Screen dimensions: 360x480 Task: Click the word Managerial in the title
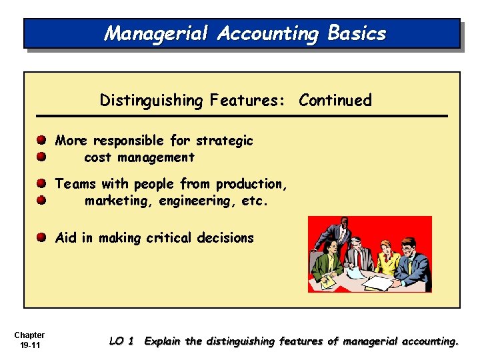coord(155,33)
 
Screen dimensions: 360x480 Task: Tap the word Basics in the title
coord(357,33)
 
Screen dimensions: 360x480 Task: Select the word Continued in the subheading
coord(335,101)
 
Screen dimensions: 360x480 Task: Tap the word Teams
coord(75,184)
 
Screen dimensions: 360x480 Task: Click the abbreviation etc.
coord(255,201)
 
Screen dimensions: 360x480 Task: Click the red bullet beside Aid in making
coord(41,238)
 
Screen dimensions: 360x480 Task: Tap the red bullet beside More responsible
coord(41,141)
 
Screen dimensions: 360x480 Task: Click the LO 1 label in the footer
coord(121,341)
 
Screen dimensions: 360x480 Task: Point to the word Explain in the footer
coord(163,341)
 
